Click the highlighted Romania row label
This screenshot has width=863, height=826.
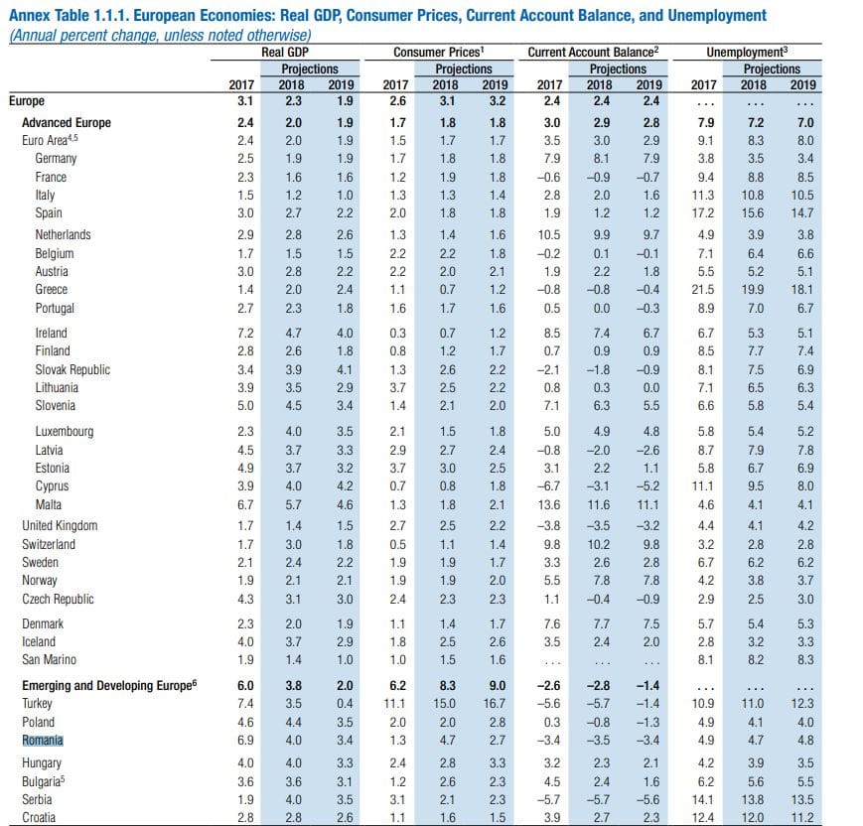click(x=43, y=741)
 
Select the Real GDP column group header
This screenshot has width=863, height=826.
click(x=285, y=53)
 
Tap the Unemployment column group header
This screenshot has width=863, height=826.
click(x=747, y=53)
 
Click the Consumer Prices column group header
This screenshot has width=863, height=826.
click(x=439, y=53)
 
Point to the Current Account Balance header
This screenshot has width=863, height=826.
click(x=593, y=53)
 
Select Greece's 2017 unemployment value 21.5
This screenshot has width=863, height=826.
click(x=703, y=290)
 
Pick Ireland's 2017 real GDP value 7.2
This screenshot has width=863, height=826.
click(x=245, y=333)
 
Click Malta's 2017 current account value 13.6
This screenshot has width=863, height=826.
click(x=549, y=504)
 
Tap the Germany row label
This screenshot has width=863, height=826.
click(x=56, y=159)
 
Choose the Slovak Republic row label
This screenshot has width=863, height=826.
click(x=72, y=369)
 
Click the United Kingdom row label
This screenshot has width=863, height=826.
click(x=60, y=525)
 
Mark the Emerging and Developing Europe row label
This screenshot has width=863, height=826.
click(x=109, y=685)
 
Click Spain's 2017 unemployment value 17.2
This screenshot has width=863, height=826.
click(x=703, y=213)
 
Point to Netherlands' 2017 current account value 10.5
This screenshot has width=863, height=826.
click(x=549, y=235)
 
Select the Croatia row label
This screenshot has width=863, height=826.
click(x=39, y=817)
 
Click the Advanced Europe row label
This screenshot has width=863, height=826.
click(x=67, y=123)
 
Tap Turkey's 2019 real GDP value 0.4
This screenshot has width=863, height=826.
click(x=345, y=703)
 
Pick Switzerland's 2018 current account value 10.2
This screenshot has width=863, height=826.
click(x=599, y=544)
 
